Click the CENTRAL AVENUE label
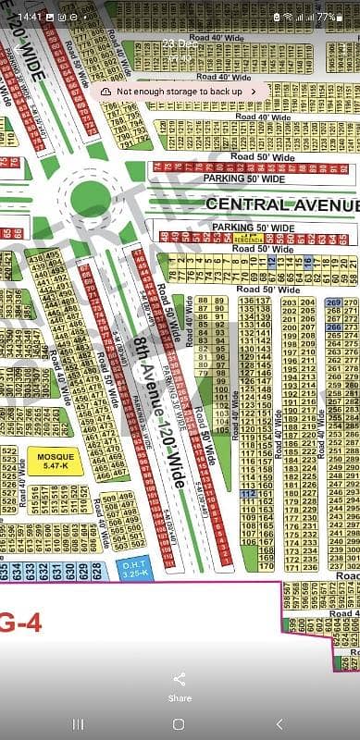[282, 203]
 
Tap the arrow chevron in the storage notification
[254, 92]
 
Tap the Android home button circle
[180, 722]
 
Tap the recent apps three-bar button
[78, 722]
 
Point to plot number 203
[289, 303]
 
